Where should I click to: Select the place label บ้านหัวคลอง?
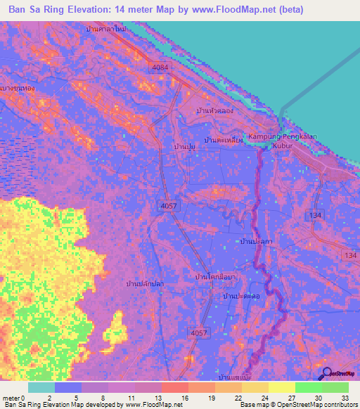[x=215, y=112]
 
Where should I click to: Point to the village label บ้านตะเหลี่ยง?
[x=223, y=140]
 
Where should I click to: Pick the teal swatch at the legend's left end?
[x=41, y=387]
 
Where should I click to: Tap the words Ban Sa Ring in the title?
[x=36, y=9]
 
